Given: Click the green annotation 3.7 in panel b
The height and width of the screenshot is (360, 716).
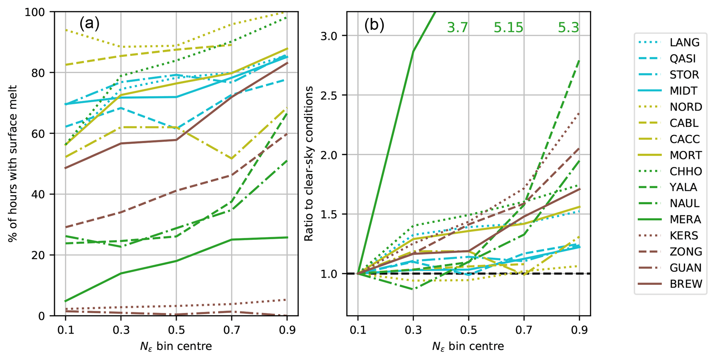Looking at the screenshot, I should pyautogui.click(x=457, y=28).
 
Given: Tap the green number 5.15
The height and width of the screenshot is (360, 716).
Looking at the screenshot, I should pyautogui.click(x=508, y=28).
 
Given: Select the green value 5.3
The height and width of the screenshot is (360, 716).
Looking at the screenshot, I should pyautogui.click(x=568, y=28).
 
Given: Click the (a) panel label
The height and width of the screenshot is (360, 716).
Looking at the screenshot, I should pyautogui.click(x=89, y=24).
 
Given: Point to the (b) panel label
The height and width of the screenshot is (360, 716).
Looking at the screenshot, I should pyautogui.click(x=374, y=26).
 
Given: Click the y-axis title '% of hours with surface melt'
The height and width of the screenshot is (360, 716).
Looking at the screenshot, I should pyautogui.click(x=13, y=163).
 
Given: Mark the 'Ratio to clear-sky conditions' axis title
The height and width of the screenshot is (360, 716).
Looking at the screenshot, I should pyautogui.click(x=308, y=163).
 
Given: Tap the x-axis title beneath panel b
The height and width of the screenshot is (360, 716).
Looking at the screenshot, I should pyautogui.click(x=468, y=346).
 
